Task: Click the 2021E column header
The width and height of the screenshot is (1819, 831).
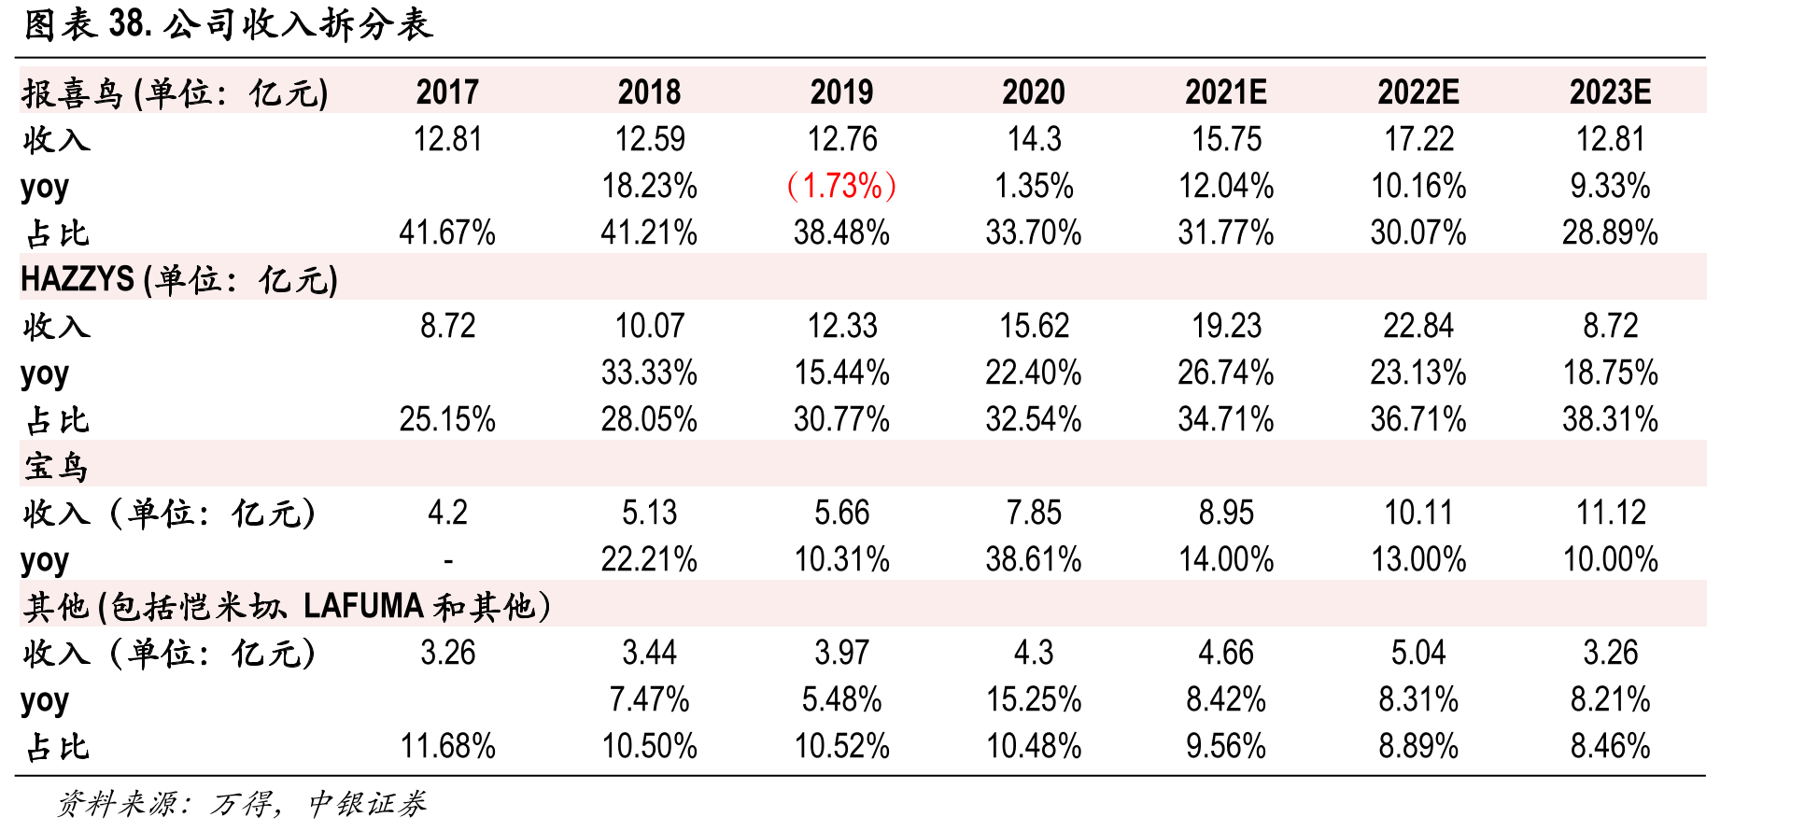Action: (x=1225, y=92)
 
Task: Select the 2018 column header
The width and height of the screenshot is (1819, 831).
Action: (x=649, y=92)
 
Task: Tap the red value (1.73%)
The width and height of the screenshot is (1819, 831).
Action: (x=841, y=186)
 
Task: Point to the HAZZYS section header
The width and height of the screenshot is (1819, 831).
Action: (x=179, y=279)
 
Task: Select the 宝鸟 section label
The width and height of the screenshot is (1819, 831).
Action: (x=56, y=466)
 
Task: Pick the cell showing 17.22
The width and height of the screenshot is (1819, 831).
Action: (x=1418, y=139)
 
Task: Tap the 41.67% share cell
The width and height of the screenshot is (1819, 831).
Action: (x=447, y=232)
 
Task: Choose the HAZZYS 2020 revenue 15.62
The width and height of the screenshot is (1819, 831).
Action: (x=1034, y=326)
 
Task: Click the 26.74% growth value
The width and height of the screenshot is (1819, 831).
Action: (x=1225, y=373)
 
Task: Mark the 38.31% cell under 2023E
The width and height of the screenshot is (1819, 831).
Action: (x=1610, y=419)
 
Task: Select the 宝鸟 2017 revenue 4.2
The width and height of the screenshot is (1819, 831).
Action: (x=447, y=513)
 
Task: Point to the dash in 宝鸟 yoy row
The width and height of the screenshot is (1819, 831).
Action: (x=448, y=561)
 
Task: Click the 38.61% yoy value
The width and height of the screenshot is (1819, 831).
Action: (x=1034, y=559)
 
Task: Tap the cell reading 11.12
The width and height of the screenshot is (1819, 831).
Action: (x=1610, y=513)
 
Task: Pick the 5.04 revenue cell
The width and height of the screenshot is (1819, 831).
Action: (x=1418, y=653)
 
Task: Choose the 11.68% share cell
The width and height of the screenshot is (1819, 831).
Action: (x=447, y=746)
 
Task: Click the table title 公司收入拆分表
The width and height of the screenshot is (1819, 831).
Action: (x=299, y=24)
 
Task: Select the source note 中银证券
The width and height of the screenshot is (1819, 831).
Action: (x=367, y=803)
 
